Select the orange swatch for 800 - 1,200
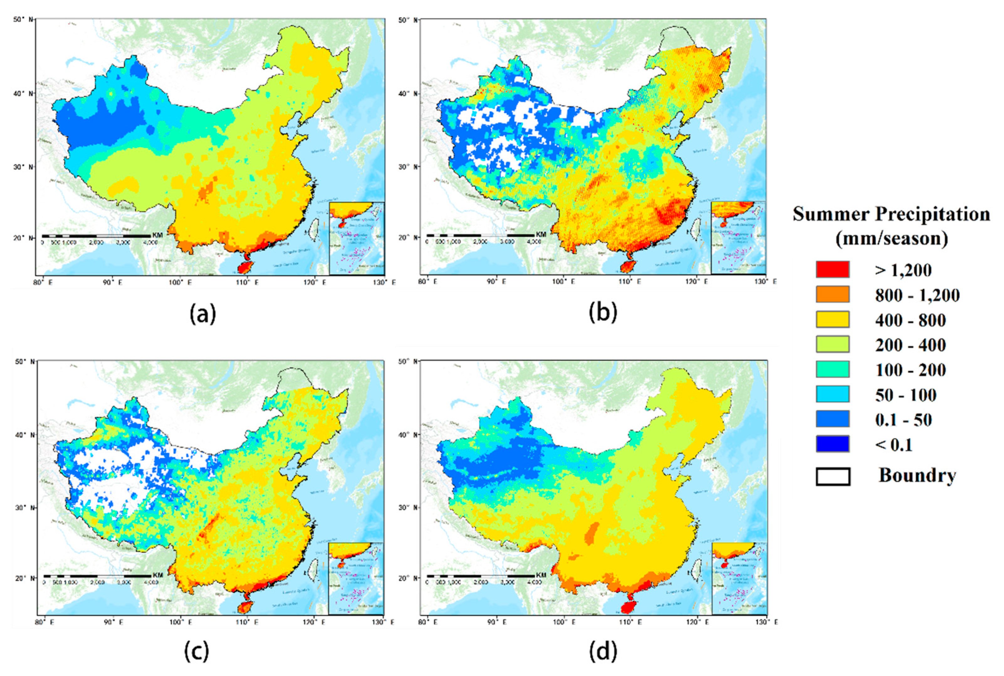832,294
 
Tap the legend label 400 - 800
910,320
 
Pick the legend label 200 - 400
910,345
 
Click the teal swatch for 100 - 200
832,369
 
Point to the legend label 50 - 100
906,395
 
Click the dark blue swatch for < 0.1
832,444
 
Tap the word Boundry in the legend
917,476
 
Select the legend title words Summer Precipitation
891,214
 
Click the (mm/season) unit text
891,238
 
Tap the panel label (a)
202,314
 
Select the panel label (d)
602,652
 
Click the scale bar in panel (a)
96,236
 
